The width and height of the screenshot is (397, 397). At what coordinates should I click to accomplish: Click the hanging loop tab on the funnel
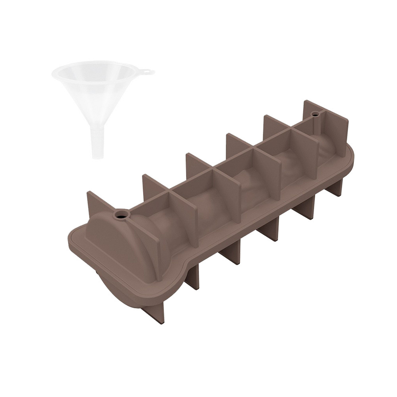click(x=148, y=73)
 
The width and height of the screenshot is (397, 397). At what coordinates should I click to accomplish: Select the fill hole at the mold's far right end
click(x=316, y=114)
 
